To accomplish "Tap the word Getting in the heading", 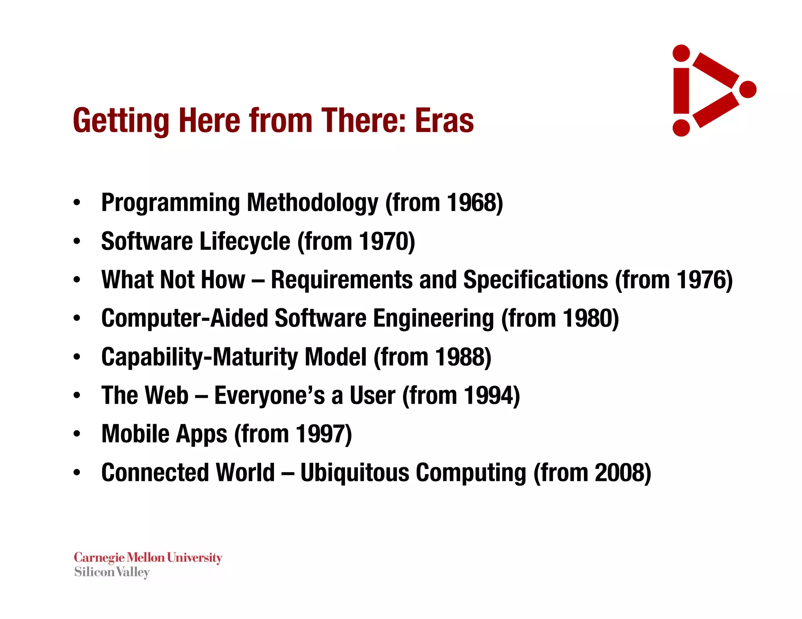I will coord(121,121).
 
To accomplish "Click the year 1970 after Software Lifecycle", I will coord(383,241).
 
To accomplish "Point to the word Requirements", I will coord(341,280).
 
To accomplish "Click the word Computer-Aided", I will coord(184,318).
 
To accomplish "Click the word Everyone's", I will coord(270,395).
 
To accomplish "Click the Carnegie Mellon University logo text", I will coord(148,558).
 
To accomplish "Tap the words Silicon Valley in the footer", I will coord(112,572).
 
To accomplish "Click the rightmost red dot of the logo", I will coord(748,89).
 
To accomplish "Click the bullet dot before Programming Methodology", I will coord(77,203).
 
